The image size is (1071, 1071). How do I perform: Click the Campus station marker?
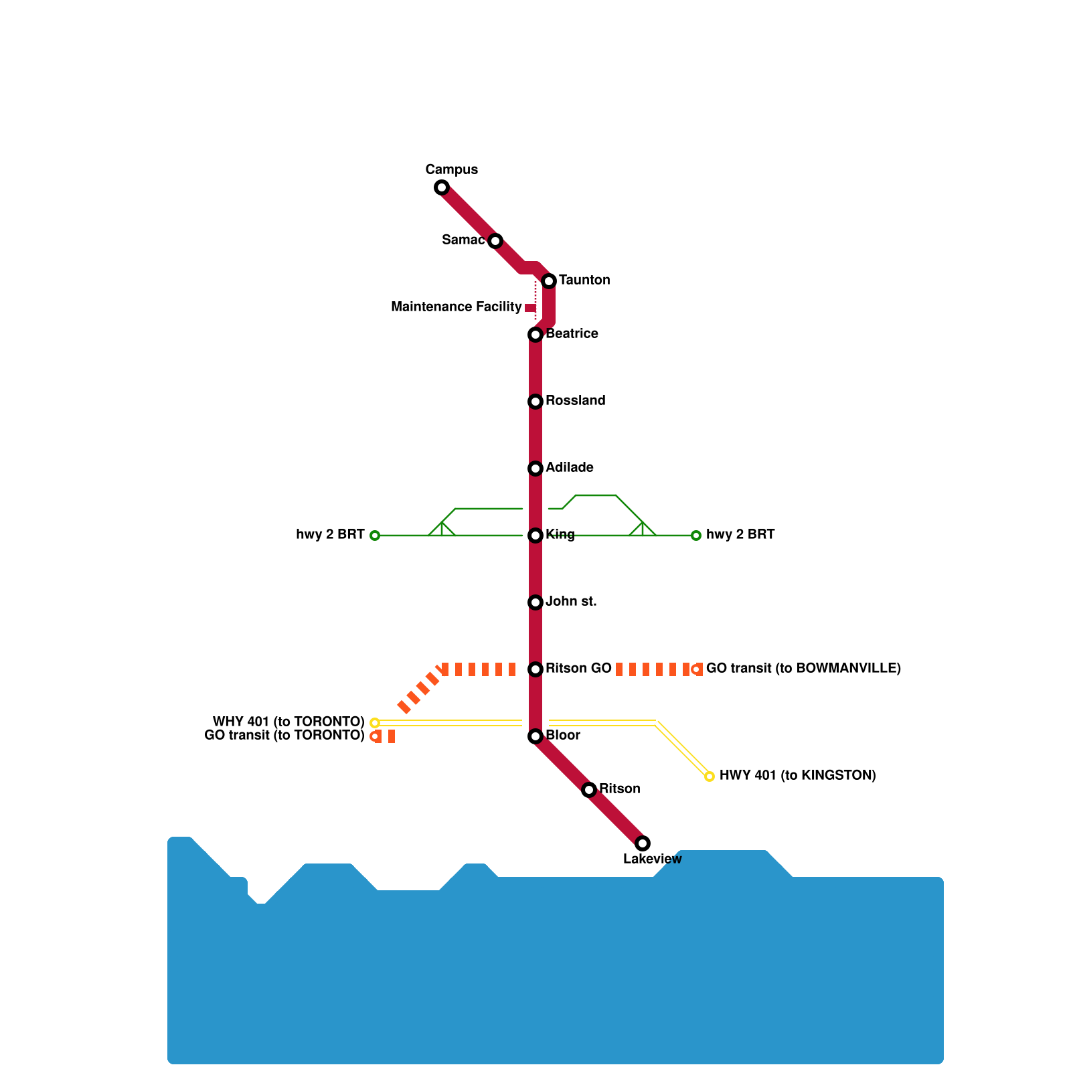tap(442, 187)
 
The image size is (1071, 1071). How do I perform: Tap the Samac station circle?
tap(495, 241)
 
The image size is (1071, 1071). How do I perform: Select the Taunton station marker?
tap(549, 281)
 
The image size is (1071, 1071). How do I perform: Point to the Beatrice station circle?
tap(535, 335)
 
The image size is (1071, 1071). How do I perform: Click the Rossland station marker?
tap(535, 402)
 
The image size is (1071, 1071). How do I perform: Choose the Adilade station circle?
tap(535, 469)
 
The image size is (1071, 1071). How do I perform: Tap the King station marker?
tap(535, 535)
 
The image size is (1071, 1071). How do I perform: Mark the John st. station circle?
tap(535, 602)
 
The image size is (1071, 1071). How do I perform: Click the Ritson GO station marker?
tap(535, 669)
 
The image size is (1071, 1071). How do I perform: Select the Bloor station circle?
tap(535, 736)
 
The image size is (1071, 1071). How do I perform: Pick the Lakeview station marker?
tap(643, 843)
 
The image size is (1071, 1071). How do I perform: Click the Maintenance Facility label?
tap(456, 307)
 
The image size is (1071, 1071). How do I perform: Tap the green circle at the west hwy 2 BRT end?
tap(375, 535)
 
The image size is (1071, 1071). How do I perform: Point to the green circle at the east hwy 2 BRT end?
tap(696, 535)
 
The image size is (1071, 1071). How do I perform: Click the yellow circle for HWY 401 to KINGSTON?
tap(710, 776)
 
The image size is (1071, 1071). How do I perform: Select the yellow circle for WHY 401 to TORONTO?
tap(375, 723)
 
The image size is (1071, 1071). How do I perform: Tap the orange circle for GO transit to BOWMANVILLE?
tap(696, 669)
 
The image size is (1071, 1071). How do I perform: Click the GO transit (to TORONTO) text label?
tap(284, 736)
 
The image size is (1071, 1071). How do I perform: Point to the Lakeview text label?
tap(652, 859)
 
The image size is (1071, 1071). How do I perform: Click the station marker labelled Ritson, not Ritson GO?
tap(589, 790)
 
